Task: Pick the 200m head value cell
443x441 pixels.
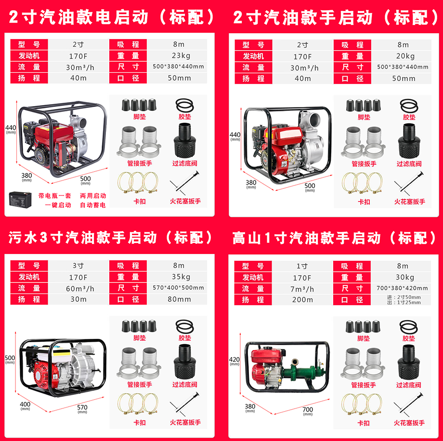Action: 302,300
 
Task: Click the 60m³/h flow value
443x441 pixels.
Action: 80,288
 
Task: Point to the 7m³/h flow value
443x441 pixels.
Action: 302,289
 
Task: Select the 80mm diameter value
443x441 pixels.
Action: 179,299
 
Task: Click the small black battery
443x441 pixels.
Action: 20,200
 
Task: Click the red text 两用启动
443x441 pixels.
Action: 93,196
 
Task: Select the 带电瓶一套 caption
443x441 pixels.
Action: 54,196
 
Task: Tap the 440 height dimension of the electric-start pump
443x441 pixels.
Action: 11,129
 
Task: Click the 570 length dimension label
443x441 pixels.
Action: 82,409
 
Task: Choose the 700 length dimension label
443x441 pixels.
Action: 308,411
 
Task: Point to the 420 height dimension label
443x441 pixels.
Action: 234,361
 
